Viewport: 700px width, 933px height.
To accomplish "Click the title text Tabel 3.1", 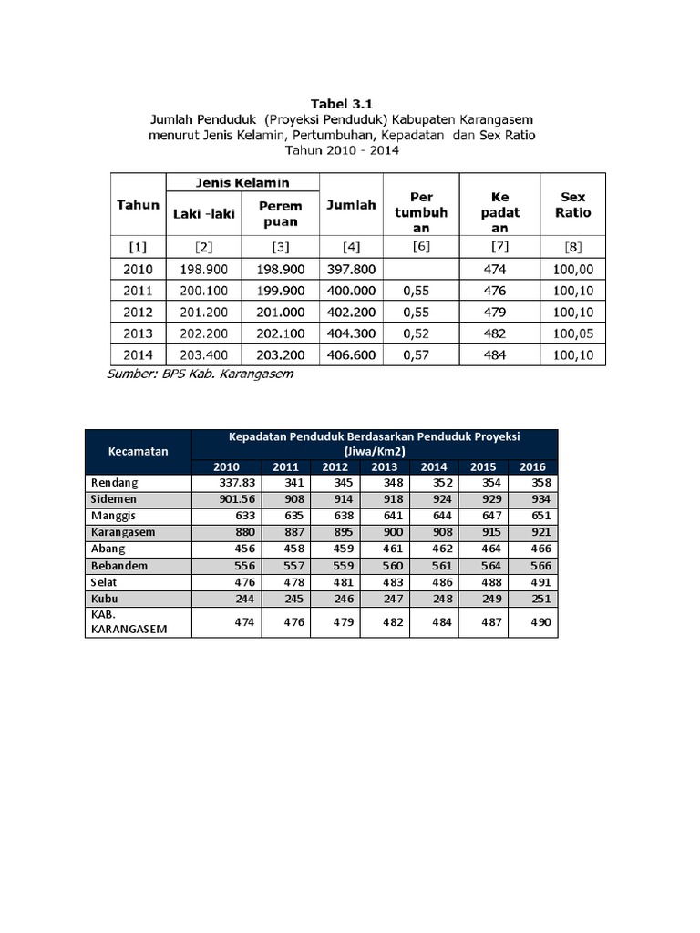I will point(342,104).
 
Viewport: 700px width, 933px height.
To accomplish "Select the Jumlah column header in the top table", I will point(351,205).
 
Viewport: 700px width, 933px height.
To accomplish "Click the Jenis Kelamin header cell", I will point(242,182).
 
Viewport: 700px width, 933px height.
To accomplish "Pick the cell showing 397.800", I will point(351,270).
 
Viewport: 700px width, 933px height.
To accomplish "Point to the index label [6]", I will point(421,246).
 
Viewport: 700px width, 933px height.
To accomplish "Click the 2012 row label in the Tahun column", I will point(138,313).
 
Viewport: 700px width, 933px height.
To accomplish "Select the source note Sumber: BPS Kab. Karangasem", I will point(201,374).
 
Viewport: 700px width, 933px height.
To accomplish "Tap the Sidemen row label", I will point(114,498).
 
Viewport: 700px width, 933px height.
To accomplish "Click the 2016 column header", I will point(531,466).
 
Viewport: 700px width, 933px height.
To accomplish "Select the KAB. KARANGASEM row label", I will point(127,622).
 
